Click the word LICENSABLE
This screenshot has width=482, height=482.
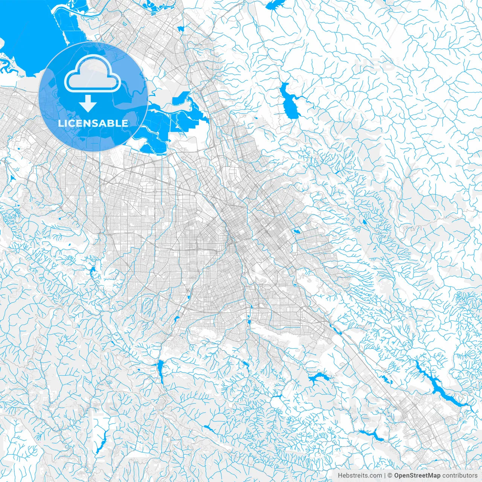[x=93, y=123]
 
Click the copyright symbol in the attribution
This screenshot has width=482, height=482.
[x=390, y=475]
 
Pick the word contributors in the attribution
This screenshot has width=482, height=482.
[x=460, y=475]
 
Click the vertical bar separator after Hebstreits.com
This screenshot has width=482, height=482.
[x=385, y=475]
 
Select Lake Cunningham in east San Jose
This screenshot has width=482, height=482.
[x=296, y=230]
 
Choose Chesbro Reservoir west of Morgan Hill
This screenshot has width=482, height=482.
[x=371, y=435]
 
